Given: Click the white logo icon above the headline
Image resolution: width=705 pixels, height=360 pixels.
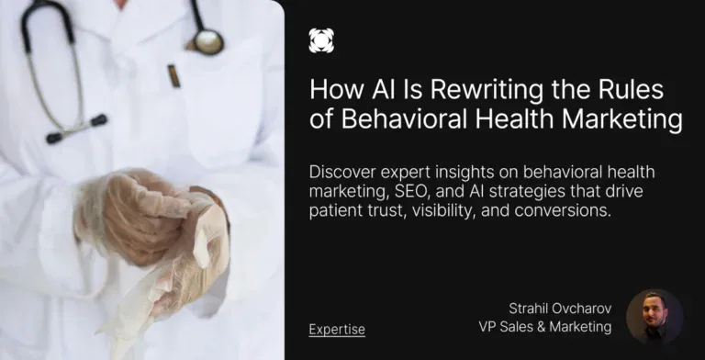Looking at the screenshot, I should coord(321,39).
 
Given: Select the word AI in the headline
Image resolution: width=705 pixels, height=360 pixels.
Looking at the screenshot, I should coord(374,90).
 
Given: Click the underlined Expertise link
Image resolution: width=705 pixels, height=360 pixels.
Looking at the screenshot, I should coord(337,330).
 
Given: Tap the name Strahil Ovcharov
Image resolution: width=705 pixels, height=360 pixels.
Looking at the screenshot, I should coord(560,308).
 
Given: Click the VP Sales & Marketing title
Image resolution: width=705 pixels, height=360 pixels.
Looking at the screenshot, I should coord(545,326).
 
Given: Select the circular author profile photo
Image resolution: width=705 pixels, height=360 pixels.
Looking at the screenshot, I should coord(654,317).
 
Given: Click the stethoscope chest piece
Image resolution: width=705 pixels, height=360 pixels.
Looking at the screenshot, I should coord(208,39).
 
